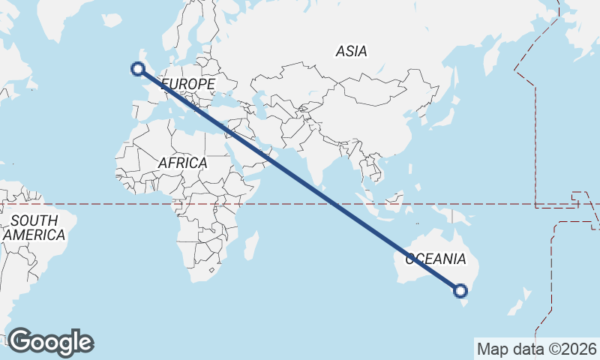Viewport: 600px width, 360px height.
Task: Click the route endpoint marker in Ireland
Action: pos(137,69)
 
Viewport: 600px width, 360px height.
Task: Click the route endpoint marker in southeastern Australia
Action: pos(460,291)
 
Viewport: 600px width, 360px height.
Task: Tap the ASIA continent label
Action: pos(351,52)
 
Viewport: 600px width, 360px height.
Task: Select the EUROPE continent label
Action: pos(187,83)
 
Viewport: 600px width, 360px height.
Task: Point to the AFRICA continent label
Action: pos(182,163)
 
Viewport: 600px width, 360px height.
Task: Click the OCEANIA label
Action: pos(436,259)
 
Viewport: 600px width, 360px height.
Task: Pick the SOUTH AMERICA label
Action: pos(34,228)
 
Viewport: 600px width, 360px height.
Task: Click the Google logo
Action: pos(50,342)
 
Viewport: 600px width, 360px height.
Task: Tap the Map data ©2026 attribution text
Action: pos(536,349)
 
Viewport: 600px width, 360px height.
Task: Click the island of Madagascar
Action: pos(251,246)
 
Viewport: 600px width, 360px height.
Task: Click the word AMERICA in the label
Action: pos(34,235)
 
